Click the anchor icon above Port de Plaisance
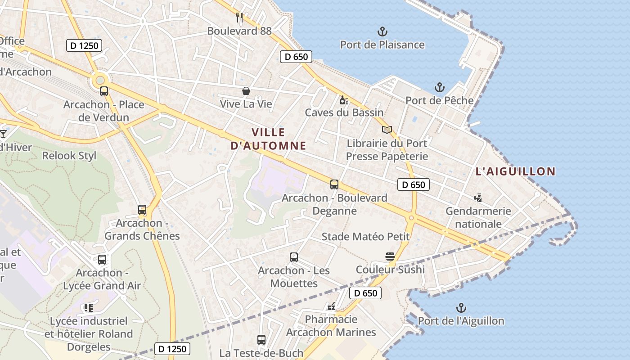pos(382,31)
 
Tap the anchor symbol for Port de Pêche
pos(439,87)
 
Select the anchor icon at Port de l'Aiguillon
pos(461,308)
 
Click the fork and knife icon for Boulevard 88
pos(239,18)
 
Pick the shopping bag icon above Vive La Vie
pos(246,91)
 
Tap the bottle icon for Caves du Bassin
pos(344,100)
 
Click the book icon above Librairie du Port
pos(387,130)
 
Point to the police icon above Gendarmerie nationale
pos(478,198)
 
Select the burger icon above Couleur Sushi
pos(390,256)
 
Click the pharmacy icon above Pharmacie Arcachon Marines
pos(331,306)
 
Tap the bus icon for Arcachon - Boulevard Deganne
pos(334,184)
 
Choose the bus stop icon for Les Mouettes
pos(294,257)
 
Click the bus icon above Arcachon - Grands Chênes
pos(142,210)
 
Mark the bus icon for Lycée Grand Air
pos(102,260)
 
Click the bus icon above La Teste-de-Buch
pos(261,340)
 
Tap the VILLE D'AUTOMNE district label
pos(268,139)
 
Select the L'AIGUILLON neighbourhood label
pos(516,171)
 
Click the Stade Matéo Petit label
pos(365,237)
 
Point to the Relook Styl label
pos(69,156)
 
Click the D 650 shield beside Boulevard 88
pos(296,57)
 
